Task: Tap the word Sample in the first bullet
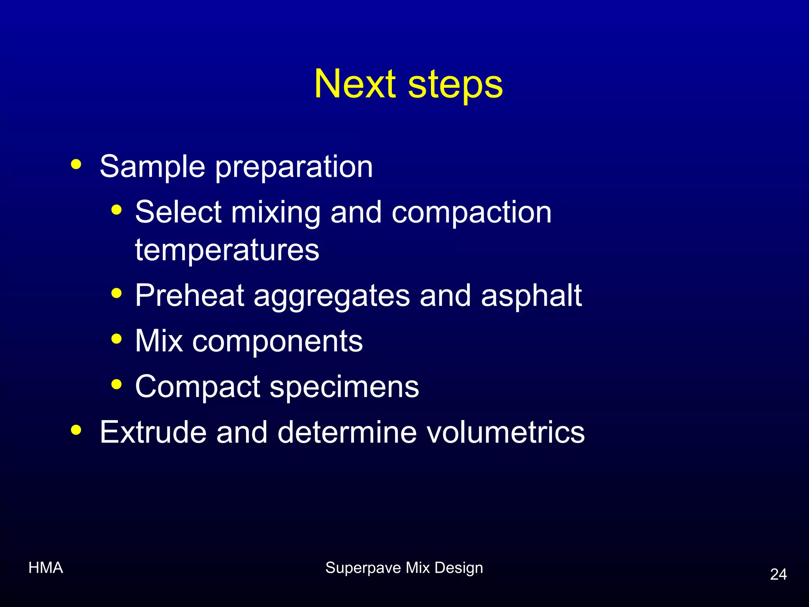point(152,167)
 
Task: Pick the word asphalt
point(531,296)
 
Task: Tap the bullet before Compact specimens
point(117,384)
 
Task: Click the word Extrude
point(153,432)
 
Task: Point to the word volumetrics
point(501,432)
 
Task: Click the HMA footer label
point(46,568)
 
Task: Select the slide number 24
point(778,574)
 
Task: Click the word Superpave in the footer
point(363,568)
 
